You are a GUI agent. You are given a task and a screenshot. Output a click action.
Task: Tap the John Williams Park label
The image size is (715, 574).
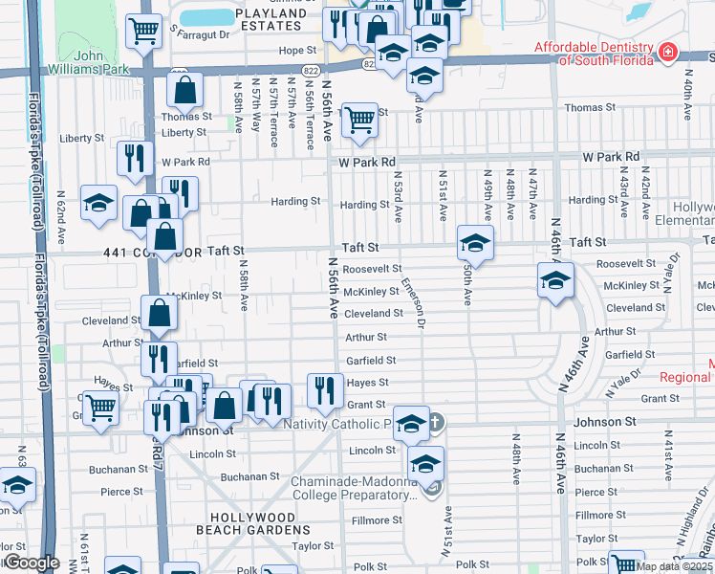103,62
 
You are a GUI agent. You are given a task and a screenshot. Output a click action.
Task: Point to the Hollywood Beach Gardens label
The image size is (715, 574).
248,522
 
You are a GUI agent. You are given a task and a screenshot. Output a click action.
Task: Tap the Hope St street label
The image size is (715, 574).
297,50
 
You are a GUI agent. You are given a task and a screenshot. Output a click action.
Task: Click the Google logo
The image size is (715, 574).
31,563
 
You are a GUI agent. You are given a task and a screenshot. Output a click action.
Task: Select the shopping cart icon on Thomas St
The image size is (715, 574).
359,119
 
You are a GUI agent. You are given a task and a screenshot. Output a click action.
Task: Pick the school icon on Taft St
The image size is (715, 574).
474,241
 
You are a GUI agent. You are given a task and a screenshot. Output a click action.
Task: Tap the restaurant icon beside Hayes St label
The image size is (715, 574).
325,388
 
